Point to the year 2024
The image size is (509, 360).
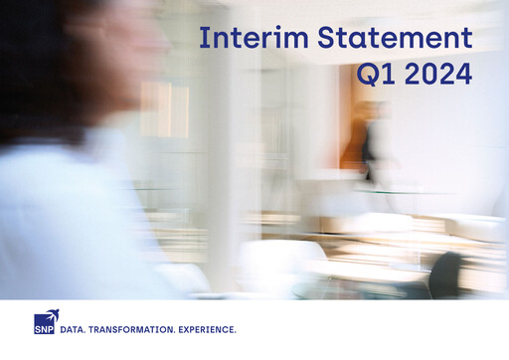click(437, 76)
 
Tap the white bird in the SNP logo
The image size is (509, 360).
click(49, 315)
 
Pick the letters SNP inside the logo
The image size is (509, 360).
click(44, 327)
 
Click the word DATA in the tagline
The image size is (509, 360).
click(73, 328)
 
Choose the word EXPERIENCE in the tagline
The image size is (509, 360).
click(207, 328)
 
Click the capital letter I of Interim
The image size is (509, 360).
click(203, 38)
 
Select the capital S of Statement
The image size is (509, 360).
click(327, 38)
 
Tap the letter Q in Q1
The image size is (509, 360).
click(369, 76)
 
